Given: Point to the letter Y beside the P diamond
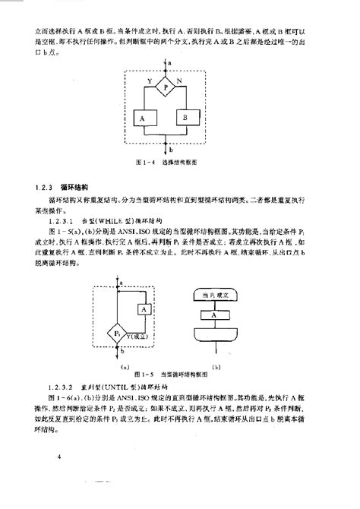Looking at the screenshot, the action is [x=149, y=78].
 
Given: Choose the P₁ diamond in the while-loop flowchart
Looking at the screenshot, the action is [x=117, y=334].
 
